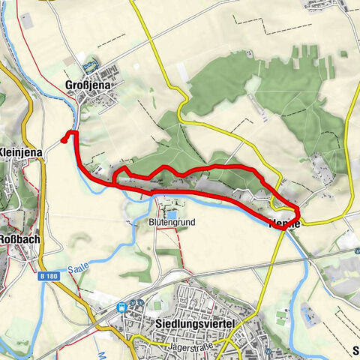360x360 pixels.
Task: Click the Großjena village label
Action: (x=88, y=85)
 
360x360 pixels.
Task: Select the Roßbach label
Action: (x=19, y=241)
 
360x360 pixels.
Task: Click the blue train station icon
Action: (x=121, y=307)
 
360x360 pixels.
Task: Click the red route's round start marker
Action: (x=64, y=138)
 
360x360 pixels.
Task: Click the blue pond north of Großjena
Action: (x=90, y=65)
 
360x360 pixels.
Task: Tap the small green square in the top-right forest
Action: (x=343, y=54)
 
